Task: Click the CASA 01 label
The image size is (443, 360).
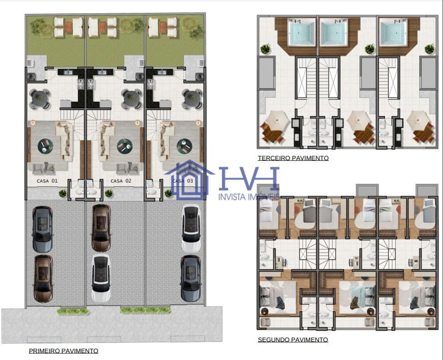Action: (x=47, y=181)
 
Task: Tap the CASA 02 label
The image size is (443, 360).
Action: (x=121, y=181)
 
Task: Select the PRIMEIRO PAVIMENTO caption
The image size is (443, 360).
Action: (x=63, y=351)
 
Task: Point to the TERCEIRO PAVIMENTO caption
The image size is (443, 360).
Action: (x=293, y=158)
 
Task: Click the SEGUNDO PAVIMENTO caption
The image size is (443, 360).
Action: (x=293, y=340)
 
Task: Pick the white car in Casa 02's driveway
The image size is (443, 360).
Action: (x=101, y=278)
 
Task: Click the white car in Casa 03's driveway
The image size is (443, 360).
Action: (x=191, y=228)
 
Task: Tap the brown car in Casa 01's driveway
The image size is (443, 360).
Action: (x=43, y=278)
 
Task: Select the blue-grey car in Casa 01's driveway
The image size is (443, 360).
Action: (x=43, y=229)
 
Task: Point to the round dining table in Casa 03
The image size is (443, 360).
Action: (x=192, y=99)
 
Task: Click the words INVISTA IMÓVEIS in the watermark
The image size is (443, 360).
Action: (x=249, y=196)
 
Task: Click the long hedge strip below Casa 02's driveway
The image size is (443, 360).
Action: (x=145, y=310)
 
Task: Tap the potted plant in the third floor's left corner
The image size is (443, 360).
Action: (x=265, y=49)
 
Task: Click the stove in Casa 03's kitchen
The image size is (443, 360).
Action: (x=150, y=84)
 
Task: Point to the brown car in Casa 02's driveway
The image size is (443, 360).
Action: (x=101, y=228)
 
